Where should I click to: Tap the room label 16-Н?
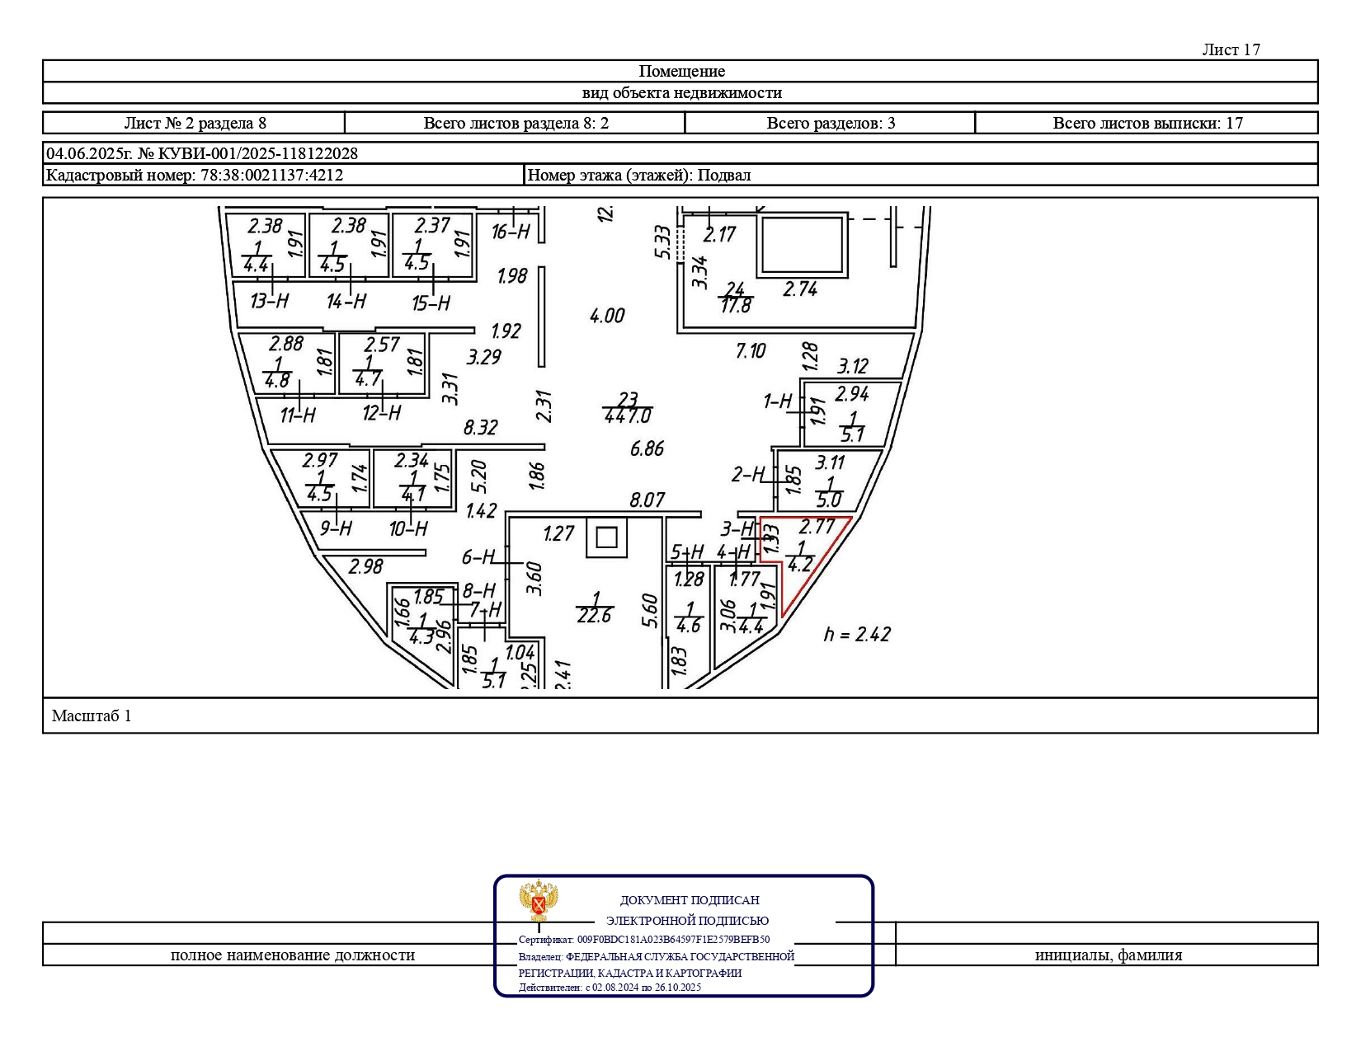[511, 232]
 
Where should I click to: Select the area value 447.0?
[628, 415]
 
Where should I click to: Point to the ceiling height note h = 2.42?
[857, 634]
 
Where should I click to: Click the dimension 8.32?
[480, 428]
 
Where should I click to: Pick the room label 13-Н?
[270, 301]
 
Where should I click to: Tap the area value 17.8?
[736, 306]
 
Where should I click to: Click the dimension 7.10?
[751, 350]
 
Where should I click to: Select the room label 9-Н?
[336, 528]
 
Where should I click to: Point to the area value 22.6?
[594, 616]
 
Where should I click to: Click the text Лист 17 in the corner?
[1231, 49]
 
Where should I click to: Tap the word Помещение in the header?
[681, 71]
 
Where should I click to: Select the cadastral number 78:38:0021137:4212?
[272, 175]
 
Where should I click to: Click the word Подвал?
[723, 175]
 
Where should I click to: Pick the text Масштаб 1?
[92, 716]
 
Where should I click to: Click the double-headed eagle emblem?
[539, 900]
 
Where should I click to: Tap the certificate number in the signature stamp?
[673, 940]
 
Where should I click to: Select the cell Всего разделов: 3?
[831, 123]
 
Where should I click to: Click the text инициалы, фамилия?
[1108, 955]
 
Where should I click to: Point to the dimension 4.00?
[607, 316]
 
